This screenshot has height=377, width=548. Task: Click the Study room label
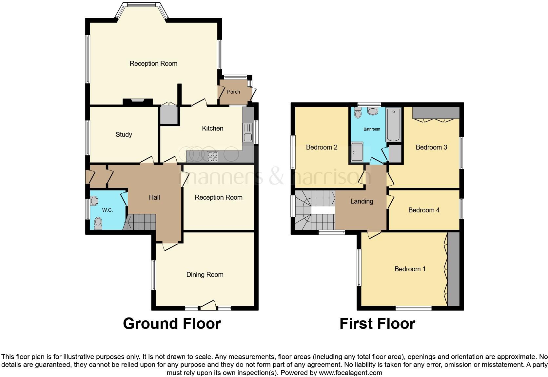(124, 135)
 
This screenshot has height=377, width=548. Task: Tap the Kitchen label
(213, 128)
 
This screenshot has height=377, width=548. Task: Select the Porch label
(233, 92)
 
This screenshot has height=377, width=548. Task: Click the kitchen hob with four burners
(213, 157)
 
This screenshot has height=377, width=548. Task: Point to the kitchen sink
(247, 132)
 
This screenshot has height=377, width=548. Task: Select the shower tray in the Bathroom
(357, 152)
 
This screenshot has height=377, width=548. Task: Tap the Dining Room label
(205, 275)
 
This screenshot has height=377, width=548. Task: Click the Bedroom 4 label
(424, 210)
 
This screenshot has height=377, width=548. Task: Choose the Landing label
(362, 201)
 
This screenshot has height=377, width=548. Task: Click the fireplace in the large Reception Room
(137, 102)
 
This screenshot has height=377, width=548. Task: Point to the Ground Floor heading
(172, 324)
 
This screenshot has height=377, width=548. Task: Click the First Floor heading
(378, 324)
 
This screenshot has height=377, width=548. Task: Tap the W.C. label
(108, 210)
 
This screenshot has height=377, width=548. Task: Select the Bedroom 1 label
(410, 269)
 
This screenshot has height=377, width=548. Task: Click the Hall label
(154, 197)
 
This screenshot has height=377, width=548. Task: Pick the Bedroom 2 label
(322, 147)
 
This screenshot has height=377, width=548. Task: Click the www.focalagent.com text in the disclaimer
(350, 373)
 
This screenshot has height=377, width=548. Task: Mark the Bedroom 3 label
(431, 147)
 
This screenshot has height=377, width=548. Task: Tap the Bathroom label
(372, 129)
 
